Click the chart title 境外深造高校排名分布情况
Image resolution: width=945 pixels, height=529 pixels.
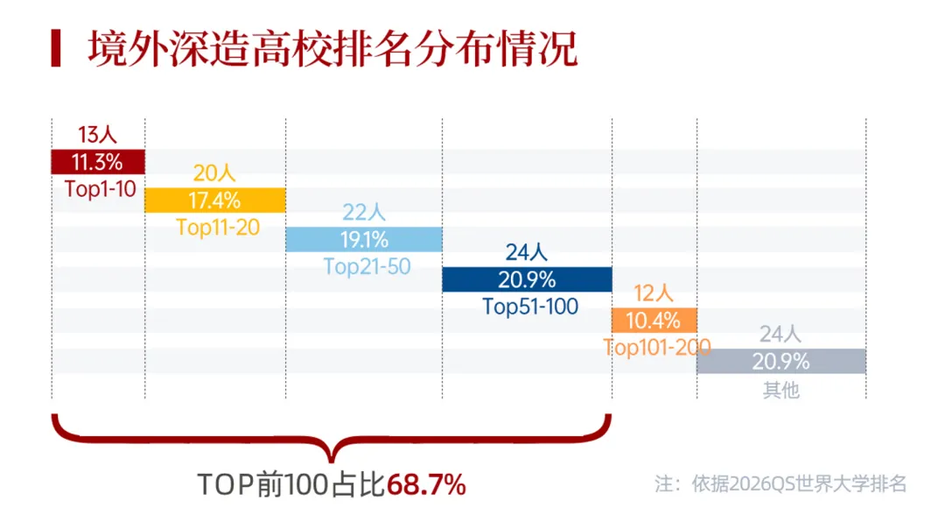point(332,50)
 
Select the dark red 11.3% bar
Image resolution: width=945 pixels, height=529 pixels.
point(98,162)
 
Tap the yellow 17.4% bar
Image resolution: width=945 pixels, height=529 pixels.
point(214,201)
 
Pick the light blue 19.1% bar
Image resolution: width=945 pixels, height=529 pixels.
point(364,240)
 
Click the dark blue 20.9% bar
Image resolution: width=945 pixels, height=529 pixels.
point(527,279)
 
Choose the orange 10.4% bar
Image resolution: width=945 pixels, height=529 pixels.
point(654,320)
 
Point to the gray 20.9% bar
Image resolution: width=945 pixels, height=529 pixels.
point(781,361)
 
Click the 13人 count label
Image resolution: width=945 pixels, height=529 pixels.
point(97,136)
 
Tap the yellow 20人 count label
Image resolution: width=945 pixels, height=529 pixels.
point(214,174)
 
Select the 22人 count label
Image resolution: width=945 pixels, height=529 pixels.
point(364,214)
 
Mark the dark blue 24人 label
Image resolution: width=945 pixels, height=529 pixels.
point(527,253)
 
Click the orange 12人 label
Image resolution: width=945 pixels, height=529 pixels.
point(654,294)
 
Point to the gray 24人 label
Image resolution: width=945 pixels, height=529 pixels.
point(781,335)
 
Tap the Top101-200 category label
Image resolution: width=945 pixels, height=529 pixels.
point(656,347)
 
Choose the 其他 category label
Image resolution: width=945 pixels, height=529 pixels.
point(781,389)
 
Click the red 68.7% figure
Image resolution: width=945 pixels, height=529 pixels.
point(426,484)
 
